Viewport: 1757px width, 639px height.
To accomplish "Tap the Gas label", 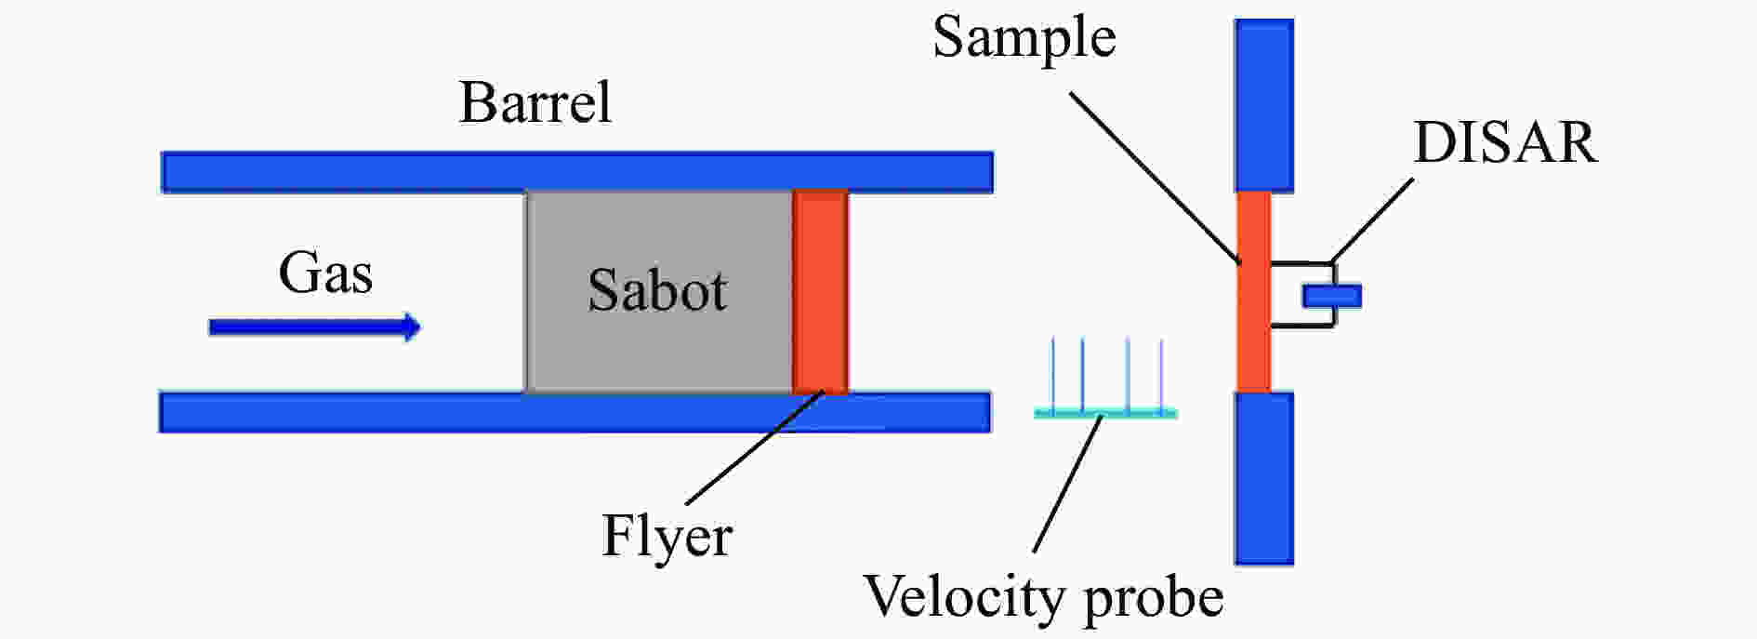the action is (x=325, y=273).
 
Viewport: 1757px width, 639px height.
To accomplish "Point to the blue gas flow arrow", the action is (x=314, y=327).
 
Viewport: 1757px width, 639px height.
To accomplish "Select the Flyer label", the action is (x=667, y=536).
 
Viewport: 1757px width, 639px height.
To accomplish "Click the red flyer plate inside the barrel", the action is (x=820, y=292).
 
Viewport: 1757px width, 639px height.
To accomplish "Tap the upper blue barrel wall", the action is (x=577, y=172).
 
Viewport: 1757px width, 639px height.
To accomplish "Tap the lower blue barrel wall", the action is (x=575, y=412).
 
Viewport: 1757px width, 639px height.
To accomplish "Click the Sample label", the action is (x=1024, y=39).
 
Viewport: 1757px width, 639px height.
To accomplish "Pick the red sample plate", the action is (x=1253, y=292).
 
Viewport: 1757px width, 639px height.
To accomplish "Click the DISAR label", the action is (x=1505, y=142).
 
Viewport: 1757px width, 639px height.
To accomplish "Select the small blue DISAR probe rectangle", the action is (x=1331, y=296).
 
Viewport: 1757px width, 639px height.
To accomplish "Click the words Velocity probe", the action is (x=1043, y=596).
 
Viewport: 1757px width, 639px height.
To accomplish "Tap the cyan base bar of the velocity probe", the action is (x=1106, y=413).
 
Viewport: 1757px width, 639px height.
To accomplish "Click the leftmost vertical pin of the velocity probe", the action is (x=1053, y=374).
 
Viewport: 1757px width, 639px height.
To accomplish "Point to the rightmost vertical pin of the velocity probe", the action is (x=1161, y=375).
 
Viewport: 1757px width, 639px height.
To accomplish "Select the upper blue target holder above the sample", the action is (x=1263, y=105).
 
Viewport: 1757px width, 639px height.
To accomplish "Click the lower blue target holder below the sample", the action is (x=1263, y=478).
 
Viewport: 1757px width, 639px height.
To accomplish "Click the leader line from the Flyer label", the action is (x=754, y=449).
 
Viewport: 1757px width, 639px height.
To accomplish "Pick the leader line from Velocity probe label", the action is (x=1068, y=485).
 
